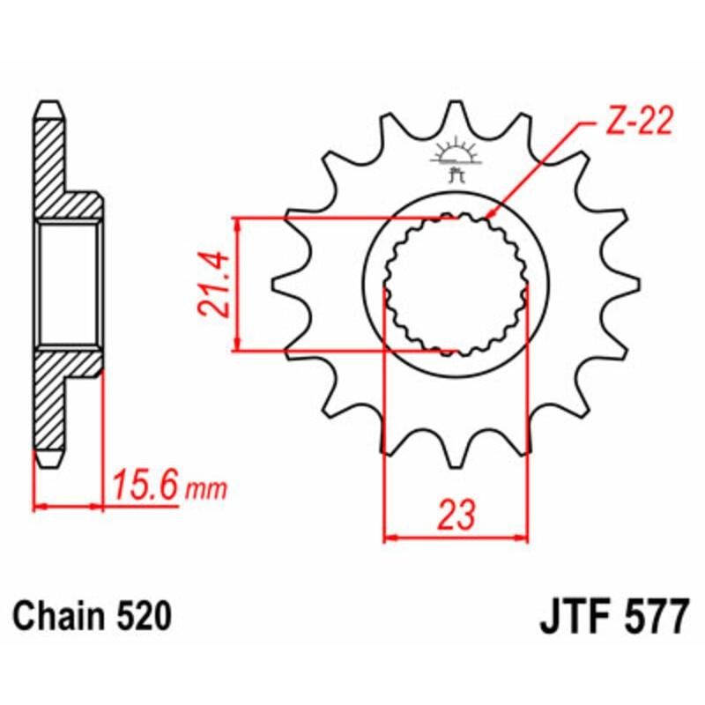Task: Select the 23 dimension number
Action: [455, 513]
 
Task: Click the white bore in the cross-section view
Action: [69, 283]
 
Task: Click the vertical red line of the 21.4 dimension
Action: [236, 283]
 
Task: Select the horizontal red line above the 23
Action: [455, 535]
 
